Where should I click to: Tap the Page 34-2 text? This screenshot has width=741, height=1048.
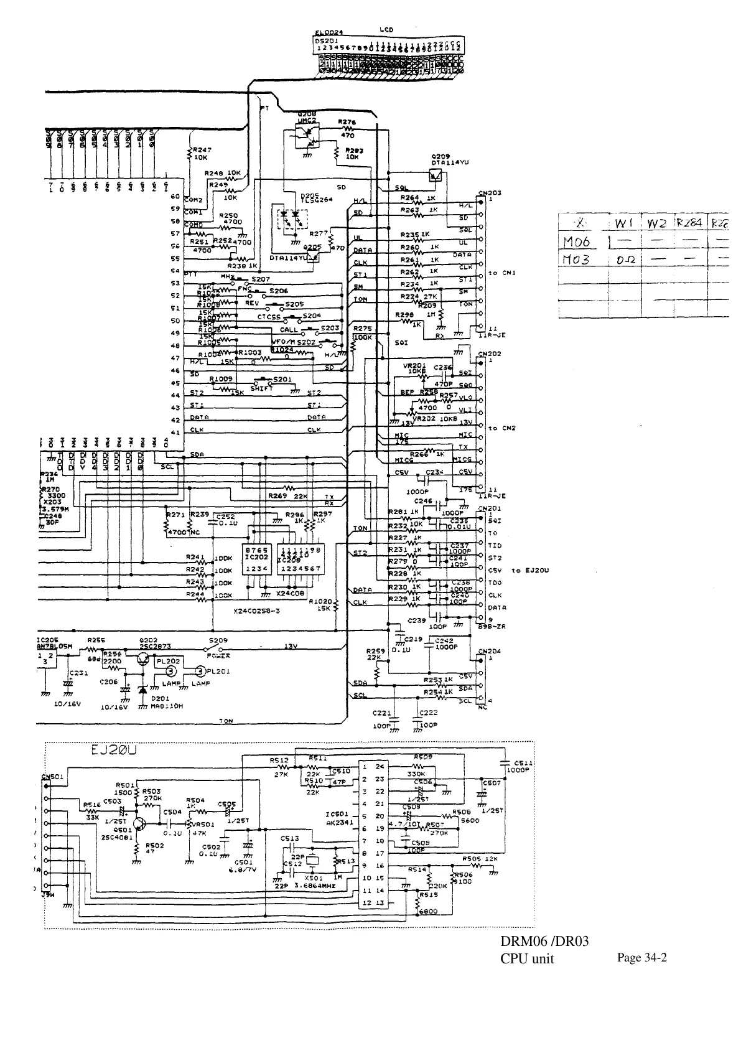pos(641,958)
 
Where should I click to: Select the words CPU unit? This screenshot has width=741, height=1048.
pos(527,958)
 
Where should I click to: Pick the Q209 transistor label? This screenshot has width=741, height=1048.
pos(440,155)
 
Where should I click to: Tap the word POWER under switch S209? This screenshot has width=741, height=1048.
pos(218,655)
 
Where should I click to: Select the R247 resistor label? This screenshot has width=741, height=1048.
pos(202,150)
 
